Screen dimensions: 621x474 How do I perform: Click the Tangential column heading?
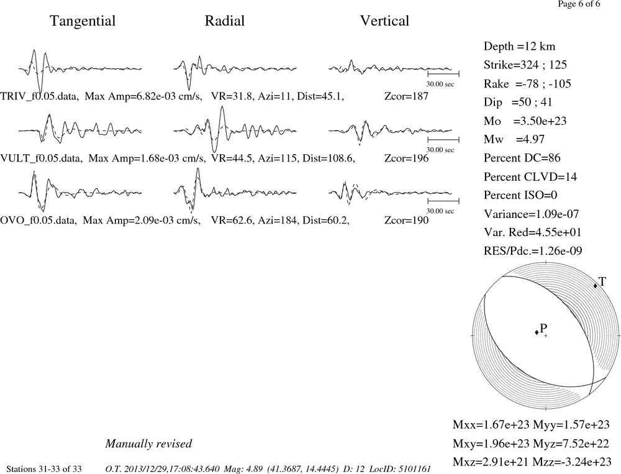click(x=83, y=21)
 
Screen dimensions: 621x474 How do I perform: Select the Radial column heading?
click(x=225, y=21)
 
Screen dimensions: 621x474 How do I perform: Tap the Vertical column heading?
click(x=384, y=21)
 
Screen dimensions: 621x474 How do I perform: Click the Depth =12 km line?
click(x=519, y=47)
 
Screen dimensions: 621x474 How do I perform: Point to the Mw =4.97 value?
click(x=514, y=139)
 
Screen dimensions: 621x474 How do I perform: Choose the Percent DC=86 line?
click(x=522, y=158)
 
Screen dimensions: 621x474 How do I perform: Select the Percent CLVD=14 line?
click(x=530, y=176)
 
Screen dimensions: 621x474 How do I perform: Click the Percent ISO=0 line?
click(x=520, y=195)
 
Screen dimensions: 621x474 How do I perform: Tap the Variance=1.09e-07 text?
click(x=531, y=214)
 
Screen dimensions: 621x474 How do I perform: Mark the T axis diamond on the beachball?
click(x=596, y=286)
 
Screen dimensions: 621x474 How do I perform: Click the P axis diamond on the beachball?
click(x=537, y=332)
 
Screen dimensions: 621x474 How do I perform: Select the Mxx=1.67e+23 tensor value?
click(x=491, y=424)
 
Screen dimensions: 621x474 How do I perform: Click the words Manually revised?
click(x=148, y=444)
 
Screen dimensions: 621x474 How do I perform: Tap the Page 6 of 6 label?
click(x=579, y=4)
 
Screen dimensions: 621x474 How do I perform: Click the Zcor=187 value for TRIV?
click(x=406, y=96)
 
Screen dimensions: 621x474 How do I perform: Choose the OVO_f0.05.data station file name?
click(x=39, y=221)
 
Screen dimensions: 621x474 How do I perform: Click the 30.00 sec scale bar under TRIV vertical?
click(x=443, y=74)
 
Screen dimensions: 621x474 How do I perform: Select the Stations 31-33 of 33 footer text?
click(x=44, y=469)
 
